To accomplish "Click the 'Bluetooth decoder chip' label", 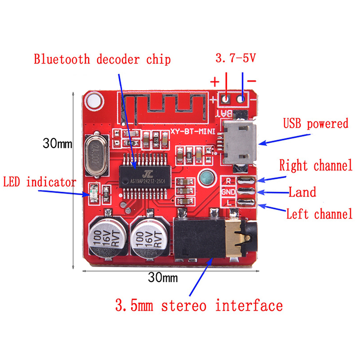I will click(x=102, y=59).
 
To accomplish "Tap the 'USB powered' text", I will click(x=315, y=124).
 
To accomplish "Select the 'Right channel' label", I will click(x=315, y=165).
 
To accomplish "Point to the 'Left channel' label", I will click(x=319, y=214).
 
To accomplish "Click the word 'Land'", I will click(x=302, y=192).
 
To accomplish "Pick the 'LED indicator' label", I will click(x=39, y=182).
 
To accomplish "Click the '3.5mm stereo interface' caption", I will click(x=199, y=306).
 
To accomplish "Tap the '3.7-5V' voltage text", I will click(x=236, y=58).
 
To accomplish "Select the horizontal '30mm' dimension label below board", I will click(x=163, y=278).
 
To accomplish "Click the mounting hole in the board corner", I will click(x=94, y=100).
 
